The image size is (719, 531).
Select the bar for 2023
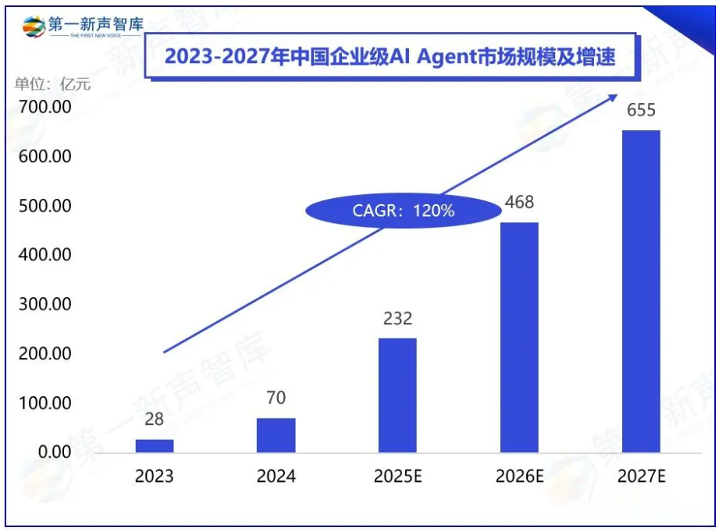[x=155, y=446]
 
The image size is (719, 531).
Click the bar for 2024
[x=276, y=435]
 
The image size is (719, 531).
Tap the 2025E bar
[x=397, y=395]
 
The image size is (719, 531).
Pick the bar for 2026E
[x=519, y=338]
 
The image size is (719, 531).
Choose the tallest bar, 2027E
[x=641, y=292]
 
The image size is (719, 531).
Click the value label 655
[x=641, y=111]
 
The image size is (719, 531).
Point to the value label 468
[x=519, y=203]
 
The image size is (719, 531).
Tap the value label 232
[x=397, y=318]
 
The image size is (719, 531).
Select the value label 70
[x=276, y=398]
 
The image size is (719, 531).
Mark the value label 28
[x=155, y=419]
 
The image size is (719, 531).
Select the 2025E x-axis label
[x=397, y=476]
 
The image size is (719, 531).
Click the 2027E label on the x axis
[x=641, y=476]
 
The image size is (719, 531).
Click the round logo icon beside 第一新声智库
[x=34, y=26]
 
